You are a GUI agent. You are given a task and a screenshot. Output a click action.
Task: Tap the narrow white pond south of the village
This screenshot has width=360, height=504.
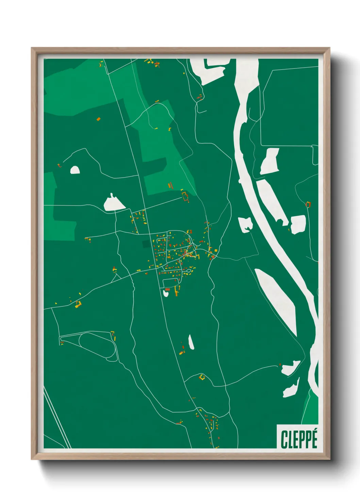click(x=191, y=342)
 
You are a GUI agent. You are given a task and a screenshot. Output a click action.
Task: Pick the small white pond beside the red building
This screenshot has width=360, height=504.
click(x=166, y=293)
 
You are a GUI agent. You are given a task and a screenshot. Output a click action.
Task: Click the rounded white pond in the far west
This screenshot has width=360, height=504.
click(x=75, y=170)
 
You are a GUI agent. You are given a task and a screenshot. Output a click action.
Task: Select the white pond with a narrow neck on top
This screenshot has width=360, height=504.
click(x=114, y=204)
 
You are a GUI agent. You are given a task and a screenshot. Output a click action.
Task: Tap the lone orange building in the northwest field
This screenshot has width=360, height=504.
click(x=98, y=119)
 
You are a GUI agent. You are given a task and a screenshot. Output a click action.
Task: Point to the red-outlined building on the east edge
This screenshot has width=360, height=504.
click(x=308, y=204)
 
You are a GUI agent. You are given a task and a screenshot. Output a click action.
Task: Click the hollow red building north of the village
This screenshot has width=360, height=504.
click(x=185, y=197)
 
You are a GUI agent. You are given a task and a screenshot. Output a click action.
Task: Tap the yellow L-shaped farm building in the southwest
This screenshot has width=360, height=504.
click(x=78, y=304)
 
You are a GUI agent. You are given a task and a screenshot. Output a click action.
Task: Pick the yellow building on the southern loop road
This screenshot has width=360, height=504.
click(x=202, y=377)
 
